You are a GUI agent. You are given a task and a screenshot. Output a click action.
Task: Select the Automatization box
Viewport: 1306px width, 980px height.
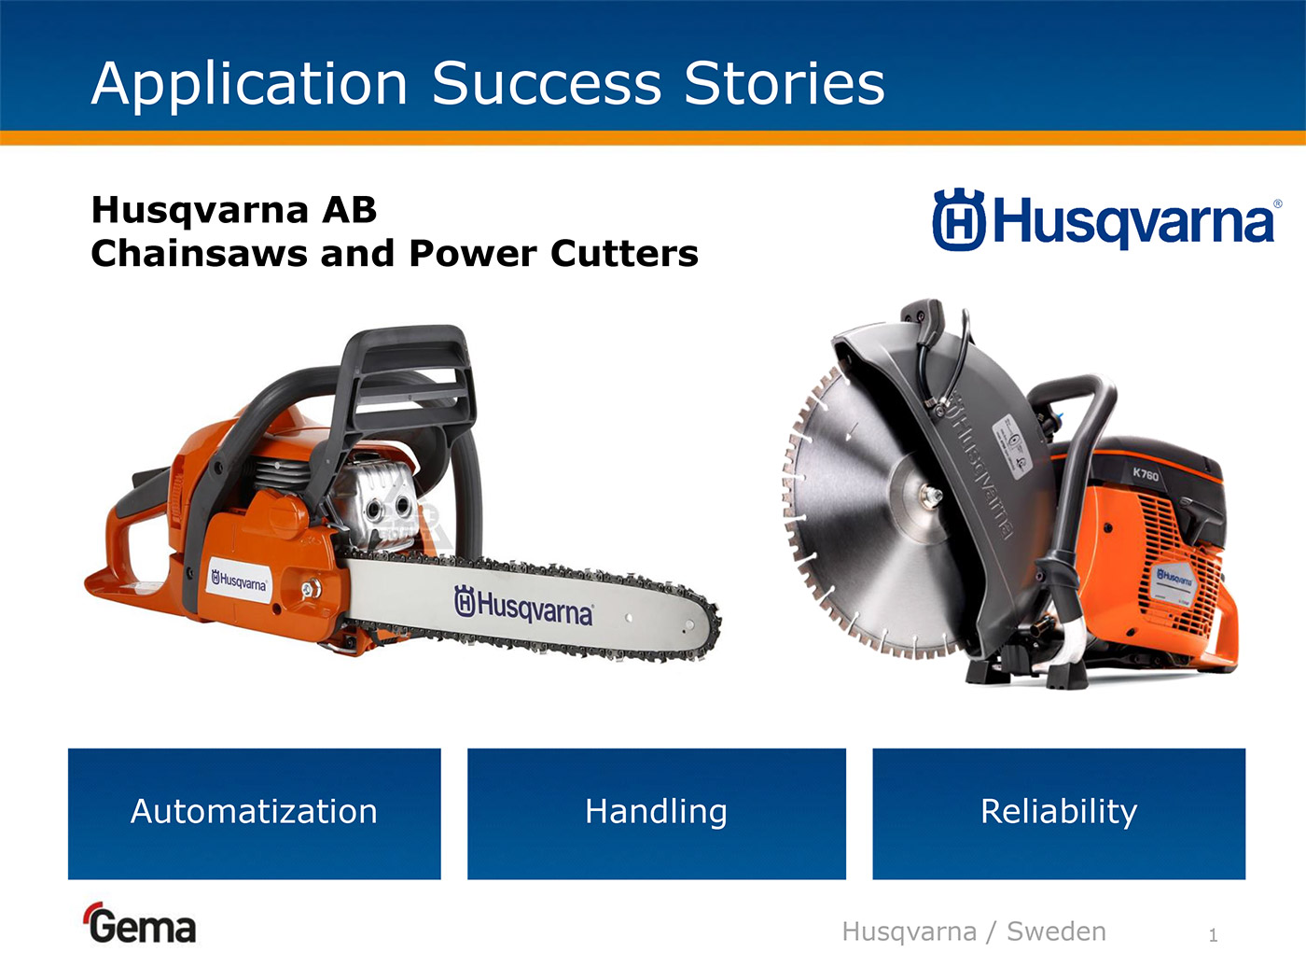(x=254, y=813)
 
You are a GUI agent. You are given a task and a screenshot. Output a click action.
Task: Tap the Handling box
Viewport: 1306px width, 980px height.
(x=657, y=813)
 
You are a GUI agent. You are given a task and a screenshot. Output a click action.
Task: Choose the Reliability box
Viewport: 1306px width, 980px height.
(x=1059, y=813)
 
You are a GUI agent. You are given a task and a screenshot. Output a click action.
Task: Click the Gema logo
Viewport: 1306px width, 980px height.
(x=140, y=923)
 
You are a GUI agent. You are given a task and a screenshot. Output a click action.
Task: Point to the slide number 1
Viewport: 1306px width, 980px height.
(x=1213, y=935)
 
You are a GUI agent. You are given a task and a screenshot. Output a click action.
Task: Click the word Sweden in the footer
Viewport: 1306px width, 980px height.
(x=1056, y=931)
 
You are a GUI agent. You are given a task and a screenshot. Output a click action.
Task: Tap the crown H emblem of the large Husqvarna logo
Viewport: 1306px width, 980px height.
(x=959, y=219)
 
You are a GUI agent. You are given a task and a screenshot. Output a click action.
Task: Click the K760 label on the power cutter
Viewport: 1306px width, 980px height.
(x=1146, y=474)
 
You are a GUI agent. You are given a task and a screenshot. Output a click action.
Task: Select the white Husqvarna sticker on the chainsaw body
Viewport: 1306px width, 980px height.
(x=239, y=581)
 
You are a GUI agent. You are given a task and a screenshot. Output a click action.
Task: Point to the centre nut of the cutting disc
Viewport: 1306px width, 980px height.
(x=930, y=495)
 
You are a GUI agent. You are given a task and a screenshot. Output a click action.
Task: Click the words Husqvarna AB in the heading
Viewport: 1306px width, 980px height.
(x=234, y=211)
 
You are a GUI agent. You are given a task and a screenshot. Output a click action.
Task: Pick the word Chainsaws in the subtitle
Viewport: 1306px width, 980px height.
(x=200, y=254)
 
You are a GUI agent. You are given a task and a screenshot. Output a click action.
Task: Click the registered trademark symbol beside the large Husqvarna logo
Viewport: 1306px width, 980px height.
(x=1277, y=204)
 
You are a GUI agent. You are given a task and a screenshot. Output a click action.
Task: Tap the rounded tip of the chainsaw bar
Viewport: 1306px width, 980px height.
(x=716, y=623)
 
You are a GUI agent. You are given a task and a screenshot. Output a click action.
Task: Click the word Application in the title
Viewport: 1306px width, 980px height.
(x=249, y=86)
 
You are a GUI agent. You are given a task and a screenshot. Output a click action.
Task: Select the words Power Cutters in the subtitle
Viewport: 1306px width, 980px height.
(x=553, y=254)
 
